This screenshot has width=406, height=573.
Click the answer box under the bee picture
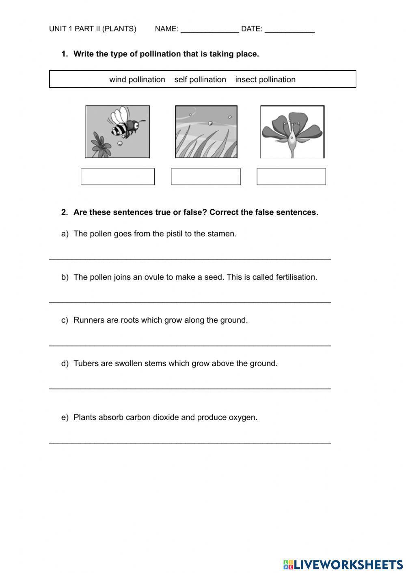[118, 177]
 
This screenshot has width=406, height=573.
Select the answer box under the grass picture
[205, 177]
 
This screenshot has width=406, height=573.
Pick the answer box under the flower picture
[291, 177]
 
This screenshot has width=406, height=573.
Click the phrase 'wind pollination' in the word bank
[137, 80]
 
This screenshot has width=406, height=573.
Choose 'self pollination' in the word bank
[200, 80]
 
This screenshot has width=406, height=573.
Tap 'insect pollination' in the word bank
[265, 80]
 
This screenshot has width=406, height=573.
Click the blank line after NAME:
[209, 30]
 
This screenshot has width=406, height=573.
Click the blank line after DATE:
[289, 30]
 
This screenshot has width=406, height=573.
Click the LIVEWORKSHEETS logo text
[348, 564]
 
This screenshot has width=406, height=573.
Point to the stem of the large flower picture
[292, 152]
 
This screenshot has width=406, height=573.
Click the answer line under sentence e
[190, 441]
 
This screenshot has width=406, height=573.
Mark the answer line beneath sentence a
[190, 258]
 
